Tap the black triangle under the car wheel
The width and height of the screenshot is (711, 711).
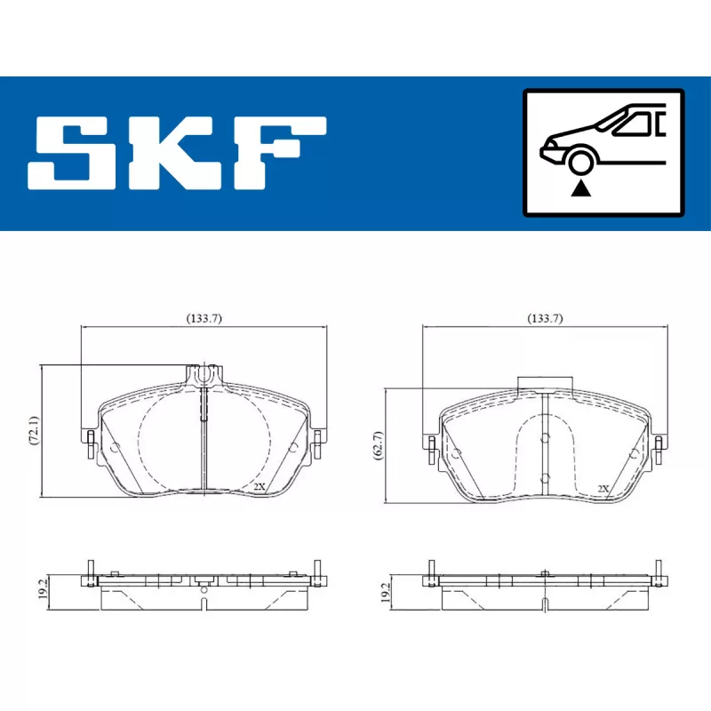pos(582,188)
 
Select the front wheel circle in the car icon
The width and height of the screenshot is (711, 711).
pos(582,163)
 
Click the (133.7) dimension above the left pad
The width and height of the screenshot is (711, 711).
pos(204,318)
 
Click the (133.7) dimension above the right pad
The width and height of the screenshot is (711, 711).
pos(545,318)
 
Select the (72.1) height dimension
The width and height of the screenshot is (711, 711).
pos(35,430)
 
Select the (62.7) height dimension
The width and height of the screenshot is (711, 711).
pos(377,443)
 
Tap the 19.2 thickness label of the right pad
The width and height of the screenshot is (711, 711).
pos(385,592)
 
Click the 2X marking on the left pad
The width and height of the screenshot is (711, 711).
pos(259,486)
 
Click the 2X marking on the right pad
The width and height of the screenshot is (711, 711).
pos(603,488)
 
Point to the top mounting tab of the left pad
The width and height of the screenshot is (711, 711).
pos(204,375)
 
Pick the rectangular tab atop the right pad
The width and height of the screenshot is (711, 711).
pos(545,383)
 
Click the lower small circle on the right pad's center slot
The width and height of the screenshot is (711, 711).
pos(545,477)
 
